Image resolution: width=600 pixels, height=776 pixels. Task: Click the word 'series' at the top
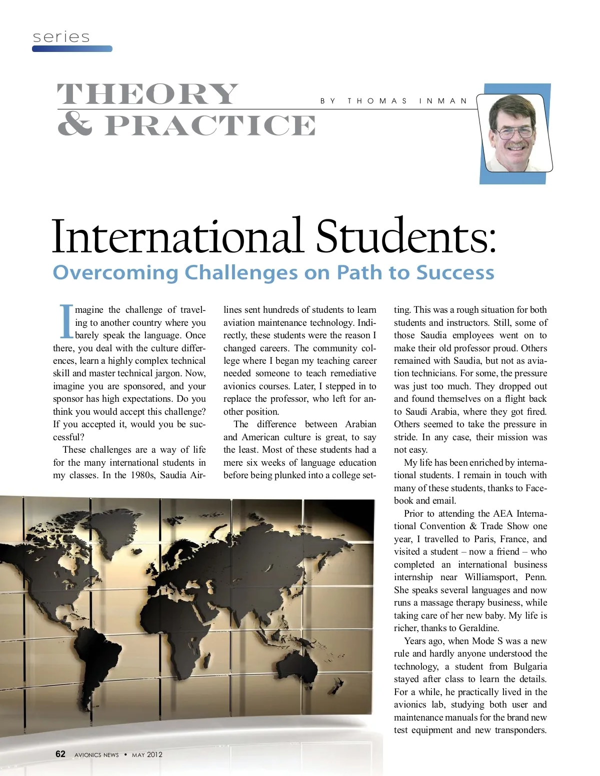[x=61, y=37]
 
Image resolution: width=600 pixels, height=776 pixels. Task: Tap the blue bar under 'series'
[x=72, y=49]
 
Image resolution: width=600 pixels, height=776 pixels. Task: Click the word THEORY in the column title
[x=147, y=94]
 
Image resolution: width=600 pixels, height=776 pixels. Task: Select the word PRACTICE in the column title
[x=210, y=125]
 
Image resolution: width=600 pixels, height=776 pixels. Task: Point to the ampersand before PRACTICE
[x=74, y=124]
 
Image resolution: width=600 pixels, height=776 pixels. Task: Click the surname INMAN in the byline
[x=443, y=101]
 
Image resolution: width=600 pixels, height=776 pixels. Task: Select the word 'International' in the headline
[x=177, y=236]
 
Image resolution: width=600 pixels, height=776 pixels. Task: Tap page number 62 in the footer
[x=60, y=754]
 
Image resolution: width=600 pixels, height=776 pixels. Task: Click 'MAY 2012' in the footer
[x=147, y=755]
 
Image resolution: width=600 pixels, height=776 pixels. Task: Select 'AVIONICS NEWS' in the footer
[x=96, y=755]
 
